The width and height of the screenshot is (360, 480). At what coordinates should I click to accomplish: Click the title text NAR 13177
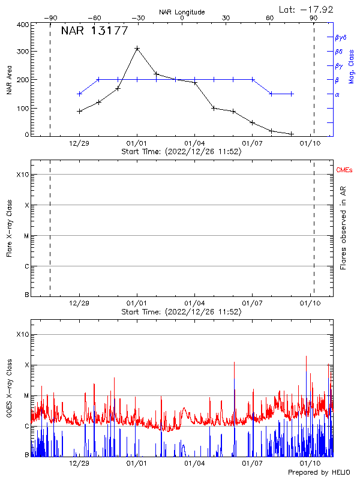coord(94,32)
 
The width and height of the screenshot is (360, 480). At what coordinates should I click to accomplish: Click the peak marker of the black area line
coord(137,48)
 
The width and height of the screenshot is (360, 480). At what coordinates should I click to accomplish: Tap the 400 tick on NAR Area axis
coord(23,25)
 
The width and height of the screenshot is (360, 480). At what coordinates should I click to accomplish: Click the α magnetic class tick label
coord(337,94)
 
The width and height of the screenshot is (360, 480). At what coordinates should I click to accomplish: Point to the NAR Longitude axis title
coord(182,12)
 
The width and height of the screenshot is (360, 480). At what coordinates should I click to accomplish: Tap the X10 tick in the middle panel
coord(23,175)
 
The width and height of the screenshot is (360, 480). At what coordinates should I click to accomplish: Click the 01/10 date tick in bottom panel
coord(310,463)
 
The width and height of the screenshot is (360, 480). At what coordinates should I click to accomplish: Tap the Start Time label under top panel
coord(181,152)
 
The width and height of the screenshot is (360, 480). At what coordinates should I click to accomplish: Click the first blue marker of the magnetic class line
coord(79,94)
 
